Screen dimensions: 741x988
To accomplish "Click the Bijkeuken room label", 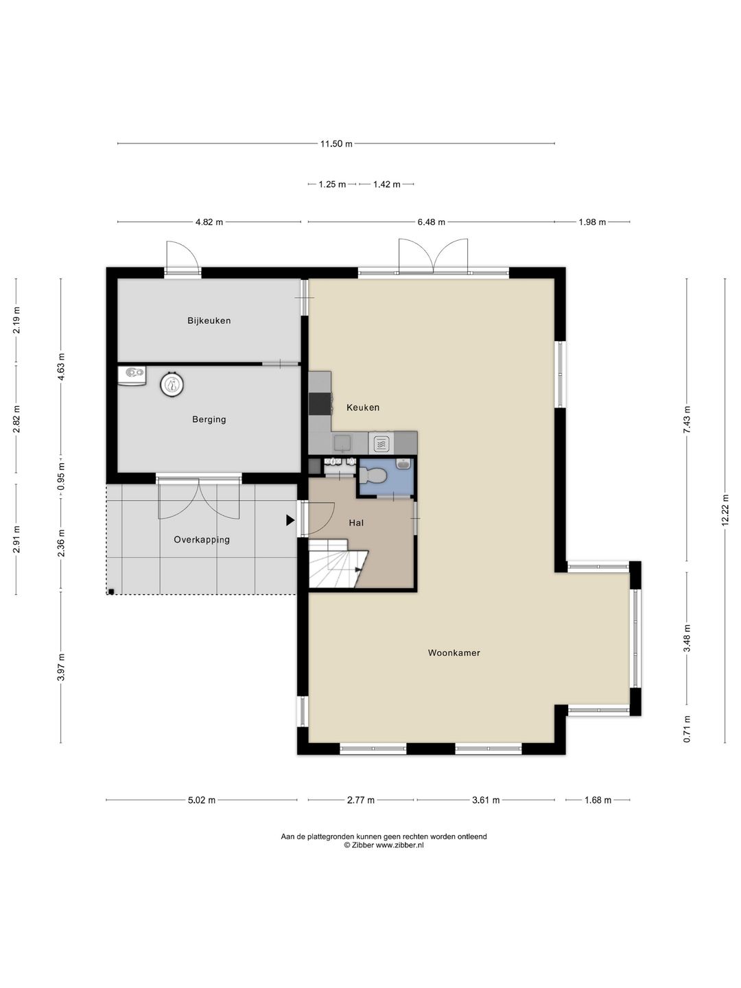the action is click(209, 320).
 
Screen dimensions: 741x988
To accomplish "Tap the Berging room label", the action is click(209, 419).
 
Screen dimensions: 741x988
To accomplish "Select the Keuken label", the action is click(363, 408).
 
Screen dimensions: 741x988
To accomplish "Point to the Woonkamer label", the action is click(454, 652).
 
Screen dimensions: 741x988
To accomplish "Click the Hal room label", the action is click(356, 523).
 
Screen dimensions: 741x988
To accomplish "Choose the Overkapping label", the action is click(202, 540).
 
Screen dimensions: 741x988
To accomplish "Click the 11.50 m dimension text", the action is click(336, 143).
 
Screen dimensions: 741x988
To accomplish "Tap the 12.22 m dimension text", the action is click(725, 510).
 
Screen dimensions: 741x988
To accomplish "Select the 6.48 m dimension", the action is click(431, 222).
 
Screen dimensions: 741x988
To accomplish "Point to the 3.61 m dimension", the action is click(486, 800).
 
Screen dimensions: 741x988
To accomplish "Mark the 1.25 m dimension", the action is click(332, 184).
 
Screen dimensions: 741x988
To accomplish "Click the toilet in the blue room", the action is click(373, 475).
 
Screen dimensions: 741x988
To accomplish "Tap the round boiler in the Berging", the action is click(172, 386).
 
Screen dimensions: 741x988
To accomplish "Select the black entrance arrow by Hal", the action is click(290, 520).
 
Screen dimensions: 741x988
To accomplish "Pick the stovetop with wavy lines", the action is click(381, 444).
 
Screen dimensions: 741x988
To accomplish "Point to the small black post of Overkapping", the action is click(110, 591).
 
